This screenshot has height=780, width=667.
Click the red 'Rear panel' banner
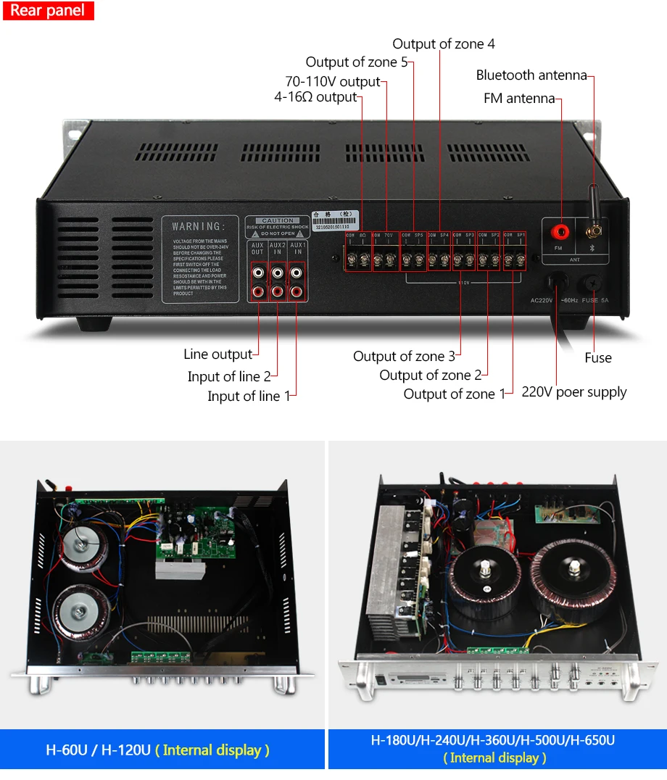(48, 11)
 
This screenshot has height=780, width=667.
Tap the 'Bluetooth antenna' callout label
(531, 75)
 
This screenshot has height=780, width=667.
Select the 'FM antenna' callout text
(519, 99)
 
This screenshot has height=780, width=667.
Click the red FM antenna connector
(559, 232)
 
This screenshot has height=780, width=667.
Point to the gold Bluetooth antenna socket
(593, 233)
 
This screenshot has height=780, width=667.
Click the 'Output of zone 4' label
(444, 44)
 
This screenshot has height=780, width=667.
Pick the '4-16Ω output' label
(315, 97)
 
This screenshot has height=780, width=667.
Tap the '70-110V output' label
(332, 81)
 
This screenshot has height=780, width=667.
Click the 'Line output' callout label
(217, 354)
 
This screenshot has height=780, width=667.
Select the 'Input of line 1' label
(249, 397)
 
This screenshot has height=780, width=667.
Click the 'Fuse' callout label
(598, 358)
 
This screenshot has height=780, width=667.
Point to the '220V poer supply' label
(574, 392)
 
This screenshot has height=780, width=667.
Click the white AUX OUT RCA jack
(258, 274)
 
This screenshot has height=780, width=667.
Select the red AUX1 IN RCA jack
(295, 292)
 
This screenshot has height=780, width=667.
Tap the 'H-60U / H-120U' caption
(157, 750)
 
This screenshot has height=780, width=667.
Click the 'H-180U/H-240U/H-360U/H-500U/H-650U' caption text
(493, 741)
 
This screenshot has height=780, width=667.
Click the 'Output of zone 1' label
(454, 394)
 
